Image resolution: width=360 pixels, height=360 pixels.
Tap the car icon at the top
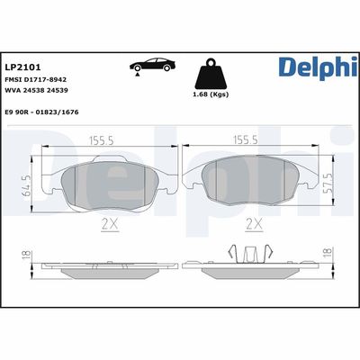(x=152, y=67)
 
